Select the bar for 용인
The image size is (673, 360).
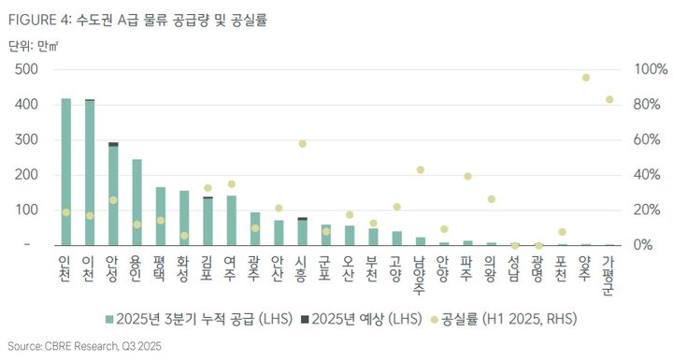(136, 202)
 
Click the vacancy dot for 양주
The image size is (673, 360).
(586, 78)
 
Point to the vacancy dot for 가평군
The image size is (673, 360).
(609, 99)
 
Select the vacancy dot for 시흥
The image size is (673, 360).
(302, 144)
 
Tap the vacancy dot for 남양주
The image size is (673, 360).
(421, 170)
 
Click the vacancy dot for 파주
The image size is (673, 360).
(467, 177)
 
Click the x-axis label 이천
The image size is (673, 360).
(90, 266)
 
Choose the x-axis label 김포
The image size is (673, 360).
(208, 266)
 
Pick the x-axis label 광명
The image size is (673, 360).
(538, 266)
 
